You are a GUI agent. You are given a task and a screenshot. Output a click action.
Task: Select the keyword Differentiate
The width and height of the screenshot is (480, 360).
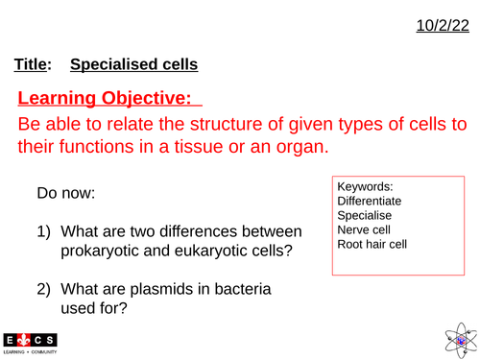370,202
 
